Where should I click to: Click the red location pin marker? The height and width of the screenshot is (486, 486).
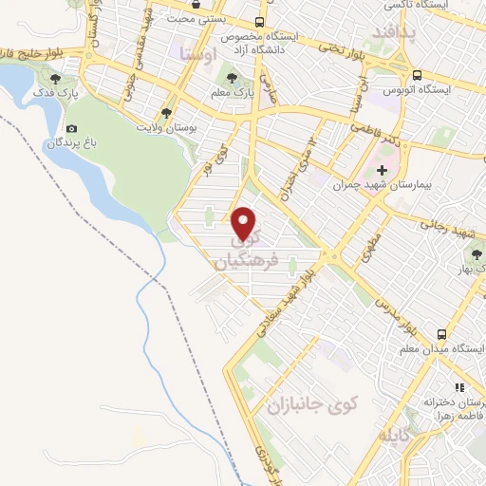(245, 222)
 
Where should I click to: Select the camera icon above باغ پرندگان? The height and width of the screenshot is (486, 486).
(71, 128)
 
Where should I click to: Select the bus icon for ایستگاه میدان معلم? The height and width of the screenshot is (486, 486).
(441, 334)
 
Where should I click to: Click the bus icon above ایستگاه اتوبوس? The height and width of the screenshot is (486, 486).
(416, 74)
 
